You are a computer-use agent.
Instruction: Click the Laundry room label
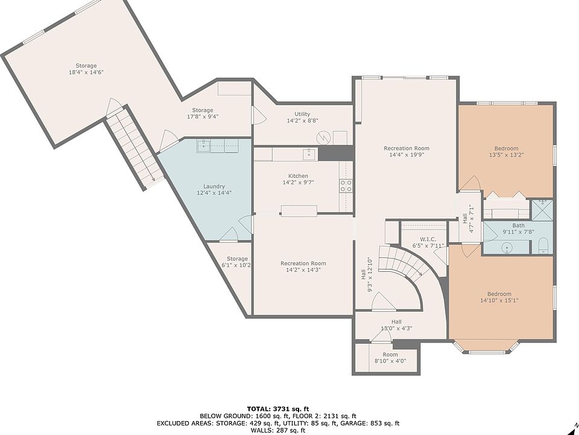click(x=214, y=187)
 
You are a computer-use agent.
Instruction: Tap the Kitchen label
click(x=298, y=176)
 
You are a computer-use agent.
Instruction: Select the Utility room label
click(x=302, y=114)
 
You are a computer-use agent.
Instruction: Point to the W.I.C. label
click(x=428, y=239)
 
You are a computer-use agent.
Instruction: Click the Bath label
click(x=518, y=225)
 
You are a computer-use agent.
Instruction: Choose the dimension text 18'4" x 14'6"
click(x=86, y=72)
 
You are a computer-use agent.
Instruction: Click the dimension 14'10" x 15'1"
click(x=499, y=301)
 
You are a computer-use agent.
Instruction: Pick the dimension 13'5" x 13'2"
click(x=506, y=155)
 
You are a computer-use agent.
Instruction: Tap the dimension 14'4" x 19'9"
click(x=406, y=155)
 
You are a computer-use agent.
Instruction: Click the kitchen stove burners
click(x=346, y=185)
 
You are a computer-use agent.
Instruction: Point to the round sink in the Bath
click(x=508, y=248)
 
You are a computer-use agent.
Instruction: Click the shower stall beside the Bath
click(x=542, y=210)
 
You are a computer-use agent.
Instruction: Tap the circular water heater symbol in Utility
click(x=323, y=138)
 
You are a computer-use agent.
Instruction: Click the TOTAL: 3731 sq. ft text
click(x=277, y=409)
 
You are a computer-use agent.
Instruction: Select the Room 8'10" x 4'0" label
click(x=390, y=358)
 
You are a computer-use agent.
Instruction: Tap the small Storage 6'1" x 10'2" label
click(x=237, y=262)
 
